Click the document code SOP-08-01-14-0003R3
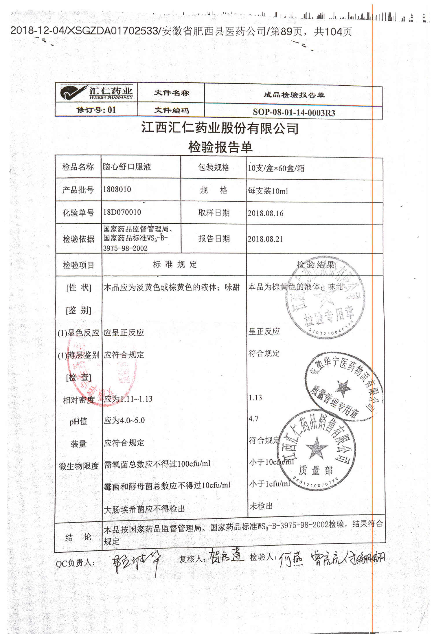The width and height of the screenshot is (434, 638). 294,112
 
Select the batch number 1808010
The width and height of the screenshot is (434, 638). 117,190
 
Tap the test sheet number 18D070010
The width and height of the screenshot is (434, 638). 122,212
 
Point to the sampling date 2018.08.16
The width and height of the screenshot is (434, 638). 265,214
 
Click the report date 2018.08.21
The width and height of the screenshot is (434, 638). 265,239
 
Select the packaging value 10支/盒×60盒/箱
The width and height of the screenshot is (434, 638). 276,168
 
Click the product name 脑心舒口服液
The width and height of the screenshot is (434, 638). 127,167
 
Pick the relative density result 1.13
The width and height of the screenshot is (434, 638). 255,398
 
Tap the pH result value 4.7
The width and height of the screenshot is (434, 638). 253,419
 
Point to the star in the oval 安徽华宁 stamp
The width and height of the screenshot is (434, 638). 343,388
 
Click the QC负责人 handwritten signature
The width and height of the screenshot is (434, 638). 136,563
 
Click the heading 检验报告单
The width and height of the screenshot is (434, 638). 220,147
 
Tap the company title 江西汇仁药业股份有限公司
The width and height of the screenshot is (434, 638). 220,128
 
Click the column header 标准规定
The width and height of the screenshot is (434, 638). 175,264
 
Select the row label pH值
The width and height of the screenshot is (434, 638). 78,421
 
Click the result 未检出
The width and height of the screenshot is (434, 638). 261,506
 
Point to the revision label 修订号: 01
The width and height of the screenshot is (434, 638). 96,110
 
